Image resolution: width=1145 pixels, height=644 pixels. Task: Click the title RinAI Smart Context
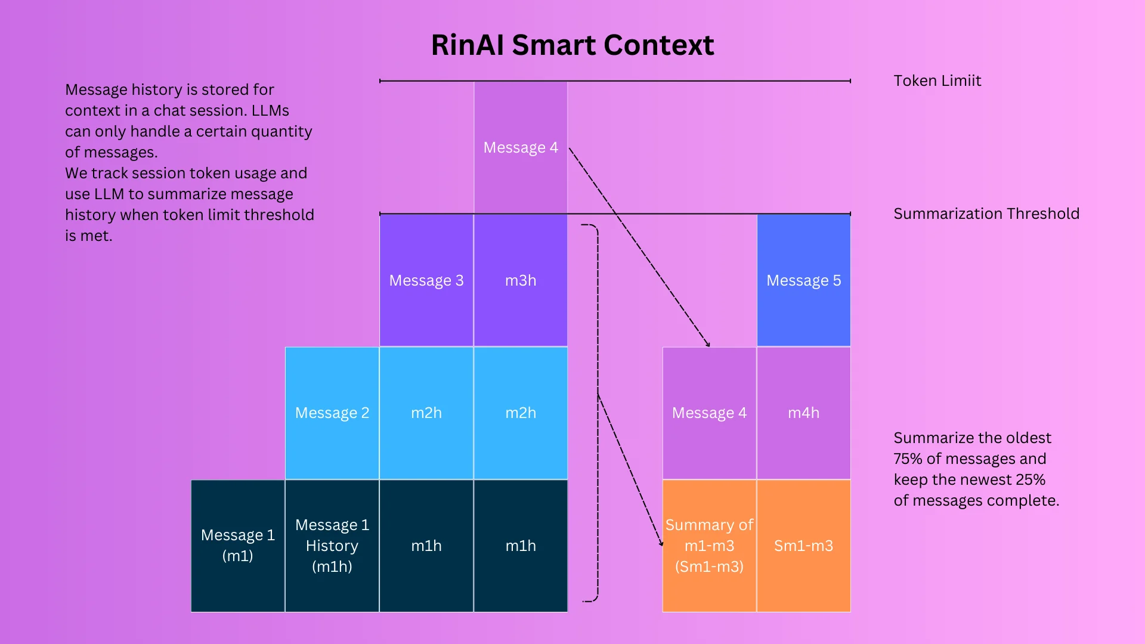[x=572, y=45]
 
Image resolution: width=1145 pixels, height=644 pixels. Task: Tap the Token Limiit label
[x=937, y=81]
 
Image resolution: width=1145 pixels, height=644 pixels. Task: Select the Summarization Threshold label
[x=986, y=214]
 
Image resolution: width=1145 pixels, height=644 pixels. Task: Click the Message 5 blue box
[x=803, y=280]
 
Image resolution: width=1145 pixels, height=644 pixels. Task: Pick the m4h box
[x=803, y=413]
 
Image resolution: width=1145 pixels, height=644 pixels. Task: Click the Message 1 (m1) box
[x=237, y=545]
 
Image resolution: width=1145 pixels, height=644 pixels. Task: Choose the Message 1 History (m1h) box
[x=332, y=545]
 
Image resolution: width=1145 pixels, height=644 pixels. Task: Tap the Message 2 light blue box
[x=332, y=413]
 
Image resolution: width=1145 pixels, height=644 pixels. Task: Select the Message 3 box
[x=426, y=280]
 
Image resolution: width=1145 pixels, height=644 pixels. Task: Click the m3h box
[x=520, y=280]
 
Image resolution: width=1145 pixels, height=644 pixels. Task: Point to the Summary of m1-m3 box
[x=709, y=545]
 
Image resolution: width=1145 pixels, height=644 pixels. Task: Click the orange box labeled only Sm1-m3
[x=803, y=545]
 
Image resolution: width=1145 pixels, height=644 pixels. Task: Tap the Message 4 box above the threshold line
[x=520, y=147]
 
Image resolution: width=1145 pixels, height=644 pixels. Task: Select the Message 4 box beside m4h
[x=709, y=413]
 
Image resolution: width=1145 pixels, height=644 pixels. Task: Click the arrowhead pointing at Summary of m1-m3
[x=661, y=543]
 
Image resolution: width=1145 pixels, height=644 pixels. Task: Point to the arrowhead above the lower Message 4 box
[x=708, y=344]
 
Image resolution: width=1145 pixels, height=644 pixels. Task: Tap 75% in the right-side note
[x=907, y=459]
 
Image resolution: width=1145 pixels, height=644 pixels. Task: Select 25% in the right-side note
[x=1030, y=480]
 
